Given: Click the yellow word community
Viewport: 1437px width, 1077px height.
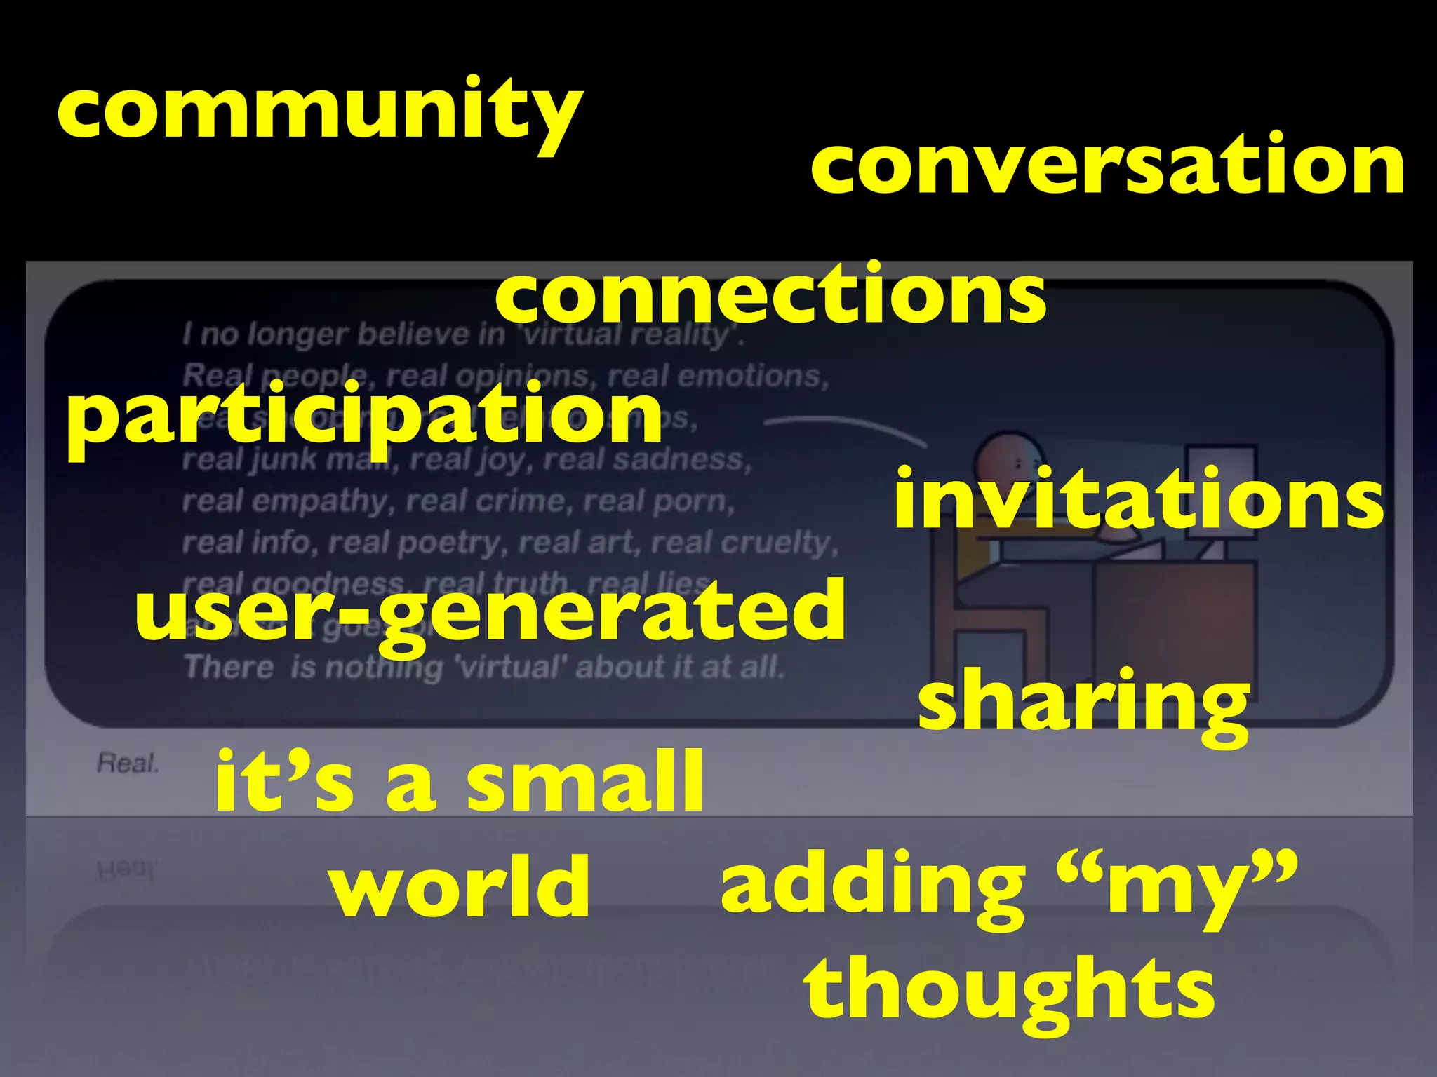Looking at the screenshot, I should click(319, 112).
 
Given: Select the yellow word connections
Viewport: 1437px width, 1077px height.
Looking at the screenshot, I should click(770, 295).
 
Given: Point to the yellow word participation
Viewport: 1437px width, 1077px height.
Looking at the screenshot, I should click(364, 418).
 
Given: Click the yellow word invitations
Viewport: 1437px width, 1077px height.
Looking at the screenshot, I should click(1138, 499).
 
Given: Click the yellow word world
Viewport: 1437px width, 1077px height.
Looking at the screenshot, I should click(460, 886).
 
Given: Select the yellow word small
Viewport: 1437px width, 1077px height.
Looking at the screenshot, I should click(584, 781).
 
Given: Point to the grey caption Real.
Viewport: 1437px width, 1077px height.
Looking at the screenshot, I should click(128, 763).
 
